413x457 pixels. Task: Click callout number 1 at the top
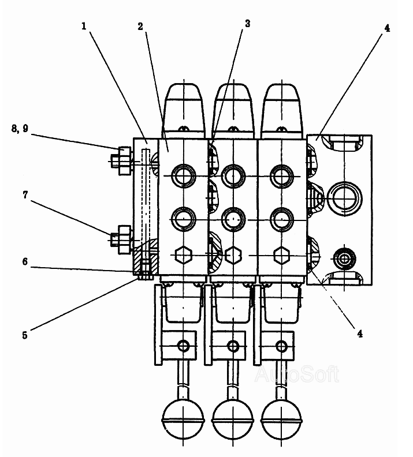84,26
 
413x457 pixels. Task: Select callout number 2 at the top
140,27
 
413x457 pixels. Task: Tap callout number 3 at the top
247,24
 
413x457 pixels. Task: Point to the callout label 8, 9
20,128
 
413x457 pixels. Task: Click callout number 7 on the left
25,195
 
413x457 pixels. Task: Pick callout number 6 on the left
25,261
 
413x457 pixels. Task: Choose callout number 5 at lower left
25,335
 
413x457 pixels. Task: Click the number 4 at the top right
387,28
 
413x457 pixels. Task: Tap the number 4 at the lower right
360,334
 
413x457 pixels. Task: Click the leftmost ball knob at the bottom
183,419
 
